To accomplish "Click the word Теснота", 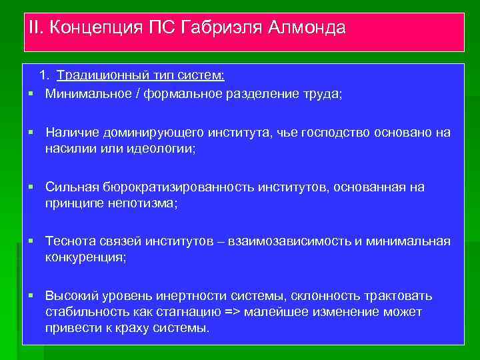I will (x=72, y=241).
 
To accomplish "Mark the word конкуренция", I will (x=84, y=257).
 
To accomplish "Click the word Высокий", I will (x=72, y=295).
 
